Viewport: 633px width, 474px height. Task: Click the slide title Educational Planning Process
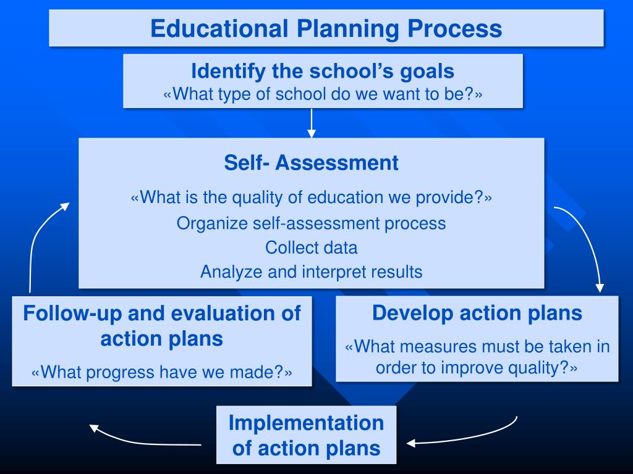326,29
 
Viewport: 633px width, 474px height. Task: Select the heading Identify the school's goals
323,71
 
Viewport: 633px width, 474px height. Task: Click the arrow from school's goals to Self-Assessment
312,123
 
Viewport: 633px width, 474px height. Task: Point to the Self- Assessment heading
311,163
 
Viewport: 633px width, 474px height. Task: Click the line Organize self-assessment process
311,223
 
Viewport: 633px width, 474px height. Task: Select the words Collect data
311,247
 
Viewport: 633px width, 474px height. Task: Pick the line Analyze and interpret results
311,272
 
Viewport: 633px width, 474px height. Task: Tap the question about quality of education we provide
311,197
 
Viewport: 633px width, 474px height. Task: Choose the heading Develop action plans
477,313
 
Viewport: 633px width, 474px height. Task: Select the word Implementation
306,423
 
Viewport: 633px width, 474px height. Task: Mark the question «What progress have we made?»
161,372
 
